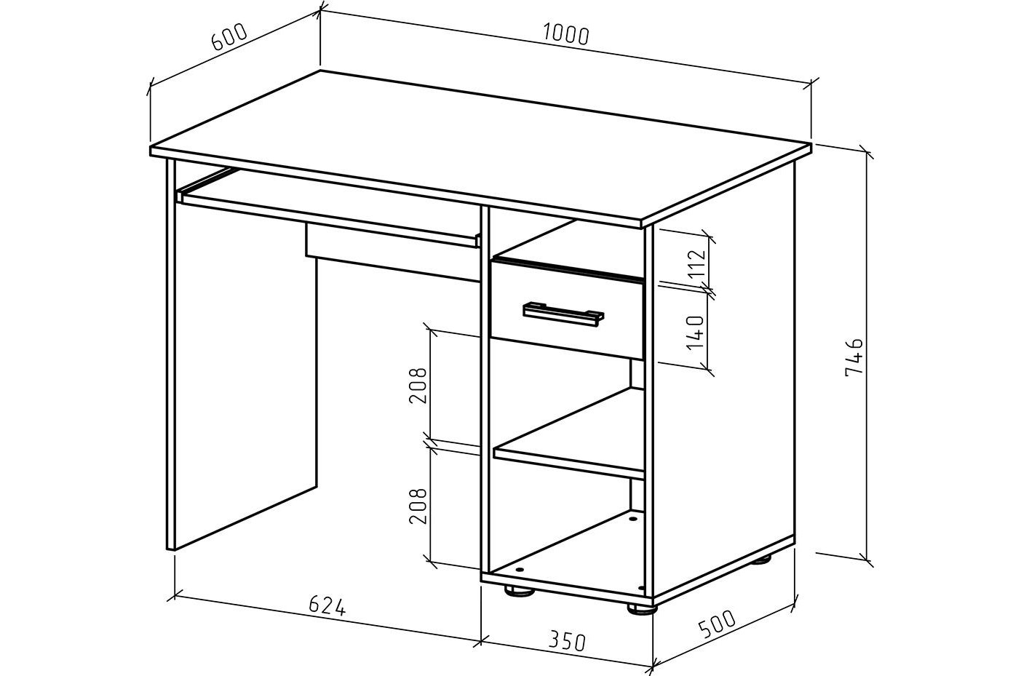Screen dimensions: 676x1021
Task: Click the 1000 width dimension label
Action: pyautogui.click(x=565, y=33)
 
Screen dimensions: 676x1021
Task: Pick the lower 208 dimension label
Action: pyautogui.click(x=417, y=505)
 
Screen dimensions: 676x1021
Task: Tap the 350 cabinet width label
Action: pyautogui.click(x=565, y=641)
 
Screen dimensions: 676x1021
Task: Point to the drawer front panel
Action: pyautogui.click(x=568, y=320)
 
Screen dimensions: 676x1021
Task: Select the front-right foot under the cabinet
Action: pyautogui.click(x=642, y=605)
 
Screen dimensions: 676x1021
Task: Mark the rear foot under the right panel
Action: pyautogui.click(x=761, y=560)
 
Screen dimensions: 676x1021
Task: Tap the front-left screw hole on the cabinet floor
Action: pyautogui.click(x=520, y=568)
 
